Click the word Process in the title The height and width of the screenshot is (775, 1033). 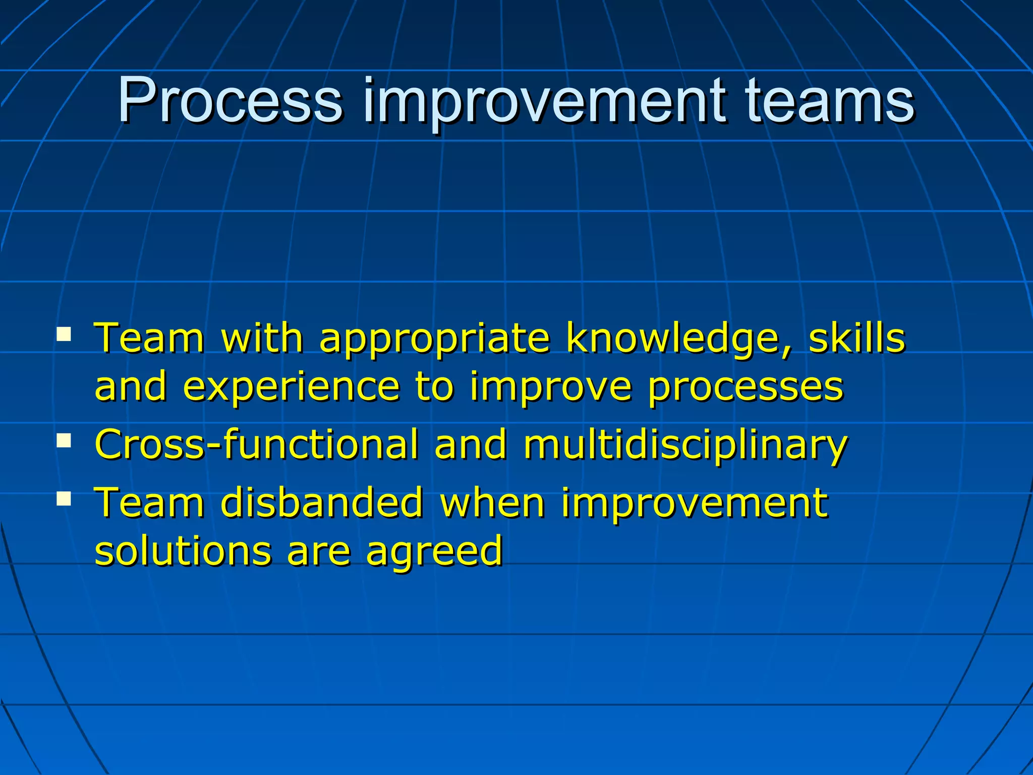(229, 101)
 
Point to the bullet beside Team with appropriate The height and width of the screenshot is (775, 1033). (64, 334)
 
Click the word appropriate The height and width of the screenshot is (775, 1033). (434, 339)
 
